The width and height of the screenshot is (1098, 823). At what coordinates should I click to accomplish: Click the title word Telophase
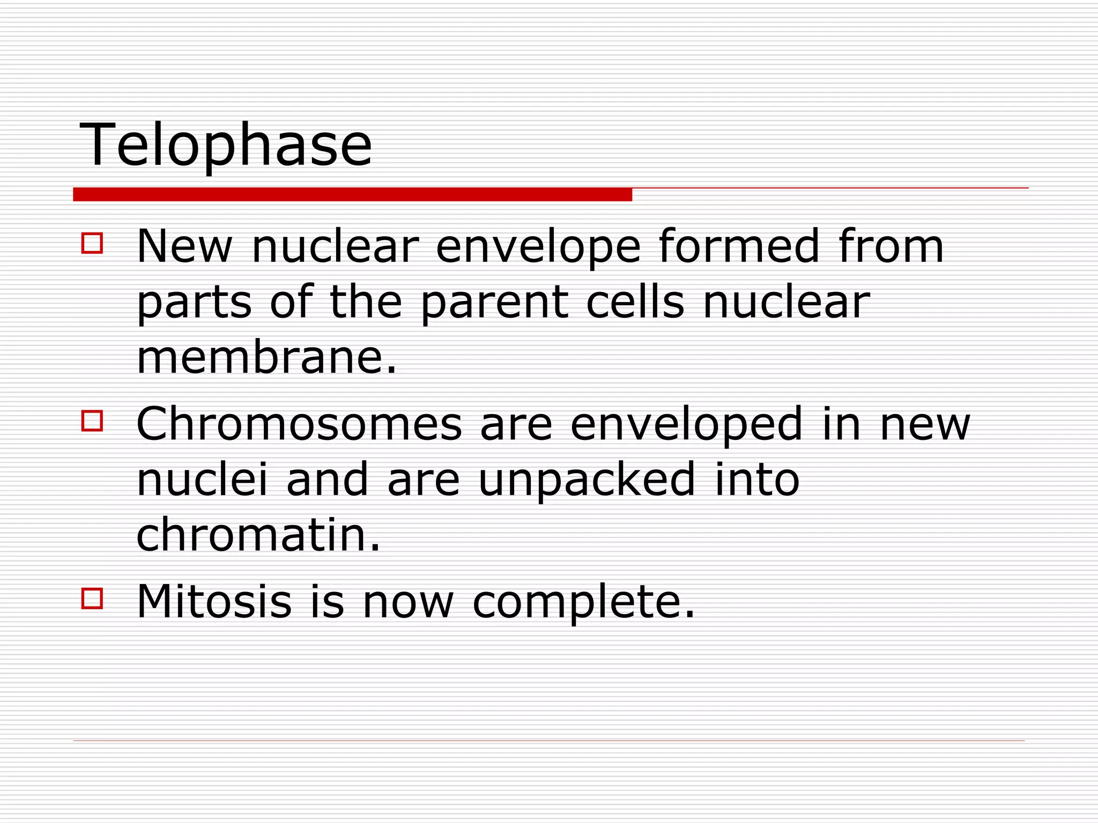point(225,145)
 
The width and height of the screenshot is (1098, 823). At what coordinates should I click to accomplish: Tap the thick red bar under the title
point(352,194)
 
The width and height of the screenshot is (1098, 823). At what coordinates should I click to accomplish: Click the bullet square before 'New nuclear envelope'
point(92,243)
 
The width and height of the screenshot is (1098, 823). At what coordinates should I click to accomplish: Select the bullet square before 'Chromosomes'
point(92,421)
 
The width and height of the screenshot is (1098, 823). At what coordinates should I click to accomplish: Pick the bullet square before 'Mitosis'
point(92,598)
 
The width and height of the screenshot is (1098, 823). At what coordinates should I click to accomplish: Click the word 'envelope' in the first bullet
point(538,248)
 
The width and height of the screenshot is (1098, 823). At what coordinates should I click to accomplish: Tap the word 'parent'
point(494,303)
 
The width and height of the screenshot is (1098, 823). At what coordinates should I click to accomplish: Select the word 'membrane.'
point(266,358)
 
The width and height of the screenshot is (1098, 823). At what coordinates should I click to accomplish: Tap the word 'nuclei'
point(202,480)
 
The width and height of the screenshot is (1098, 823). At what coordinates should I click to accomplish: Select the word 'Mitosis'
point(214,602)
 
